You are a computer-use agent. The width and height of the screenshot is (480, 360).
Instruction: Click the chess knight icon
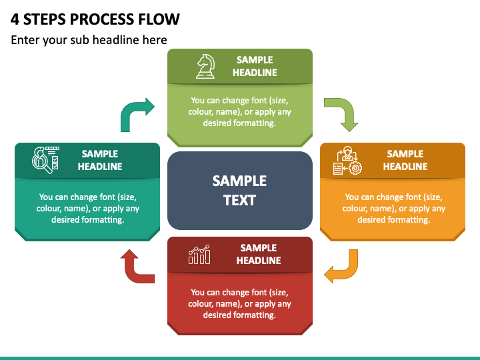[x=205, y=67]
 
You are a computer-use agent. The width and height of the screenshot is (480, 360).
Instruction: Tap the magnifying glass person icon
[x=45, y=160]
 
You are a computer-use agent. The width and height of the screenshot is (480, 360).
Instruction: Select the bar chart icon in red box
[x=199, y=255]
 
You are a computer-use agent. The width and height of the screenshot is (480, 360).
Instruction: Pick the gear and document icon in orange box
[x=347, y=161]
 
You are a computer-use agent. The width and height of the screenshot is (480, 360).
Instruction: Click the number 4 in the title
[x=15, y=19]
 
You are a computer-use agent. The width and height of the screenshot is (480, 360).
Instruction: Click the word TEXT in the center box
[x=239, y=201]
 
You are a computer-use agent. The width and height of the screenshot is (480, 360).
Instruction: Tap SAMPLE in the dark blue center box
[x=239, y=181]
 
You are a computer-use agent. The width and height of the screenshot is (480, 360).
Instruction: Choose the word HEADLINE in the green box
[x=255, y=73]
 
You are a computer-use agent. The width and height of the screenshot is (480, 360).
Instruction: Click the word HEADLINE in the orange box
[x=405, y=167]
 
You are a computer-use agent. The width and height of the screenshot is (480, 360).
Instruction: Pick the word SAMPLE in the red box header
[x=259, y=247]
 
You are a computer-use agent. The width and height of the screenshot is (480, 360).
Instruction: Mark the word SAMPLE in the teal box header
[x=100, y=154]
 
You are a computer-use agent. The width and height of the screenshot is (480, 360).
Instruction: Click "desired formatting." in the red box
[x=239, y=315]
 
